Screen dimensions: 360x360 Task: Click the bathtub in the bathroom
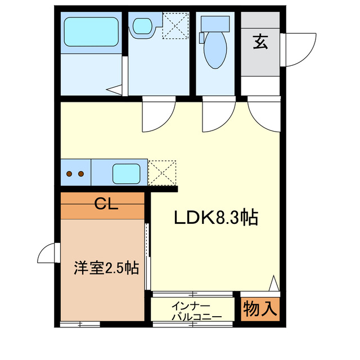91,32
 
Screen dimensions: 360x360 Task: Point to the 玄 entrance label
260,42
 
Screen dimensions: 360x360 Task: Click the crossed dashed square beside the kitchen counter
162,173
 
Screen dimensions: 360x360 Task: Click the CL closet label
106,204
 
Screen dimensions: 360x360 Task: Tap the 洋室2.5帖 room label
106,268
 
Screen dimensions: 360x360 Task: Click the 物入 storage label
260,309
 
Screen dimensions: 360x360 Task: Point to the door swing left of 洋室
48,253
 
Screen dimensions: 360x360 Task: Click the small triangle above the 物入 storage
274,283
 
